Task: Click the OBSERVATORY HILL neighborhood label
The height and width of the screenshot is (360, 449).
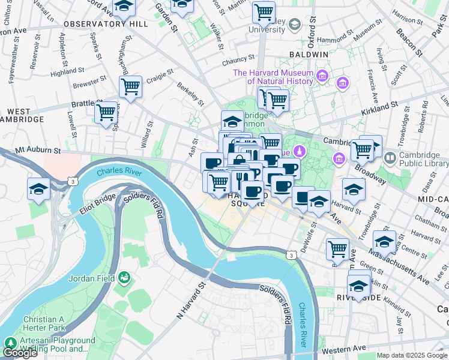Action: [105, 23]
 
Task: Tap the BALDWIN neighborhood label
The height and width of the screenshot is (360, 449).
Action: [311, 54]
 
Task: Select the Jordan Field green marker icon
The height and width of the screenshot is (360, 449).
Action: [124, 277]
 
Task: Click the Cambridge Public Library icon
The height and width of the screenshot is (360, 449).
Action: [390, 158]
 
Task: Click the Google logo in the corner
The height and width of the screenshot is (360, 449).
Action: [20, 353]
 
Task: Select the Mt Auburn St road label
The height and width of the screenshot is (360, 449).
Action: [38, 148]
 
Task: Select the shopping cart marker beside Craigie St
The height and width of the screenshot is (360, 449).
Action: [130, 86]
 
